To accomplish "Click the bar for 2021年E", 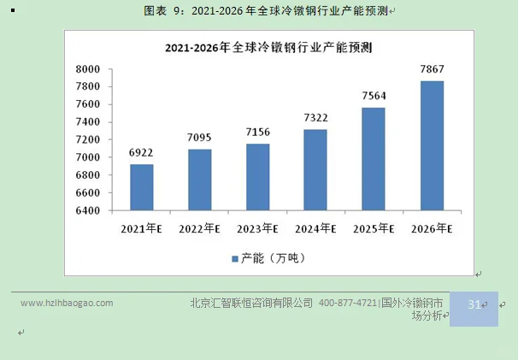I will (141, 187).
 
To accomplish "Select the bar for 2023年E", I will (257, 177).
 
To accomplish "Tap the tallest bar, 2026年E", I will (432, 145).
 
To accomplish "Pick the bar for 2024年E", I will (315, 169).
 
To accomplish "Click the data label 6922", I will (141, 153).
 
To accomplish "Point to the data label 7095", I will (199, 137).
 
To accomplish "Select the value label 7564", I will (374, 96).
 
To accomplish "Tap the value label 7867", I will (432, 68).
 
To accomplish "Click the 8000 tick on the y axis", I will (89, 69).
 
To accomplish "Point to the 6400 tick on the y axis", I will (89, 210).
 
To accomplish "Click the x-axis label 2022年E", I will (199, 229).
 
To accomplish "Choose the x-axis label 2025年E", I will (374, 229).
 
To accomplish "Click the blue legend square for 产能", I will (234, 258).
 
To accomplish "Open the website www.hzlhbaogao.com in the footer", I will (67, 303).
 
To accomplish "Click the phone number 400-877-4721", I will (348, 303).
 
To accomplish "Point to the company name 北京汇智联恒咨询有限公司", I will (250, 303).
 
